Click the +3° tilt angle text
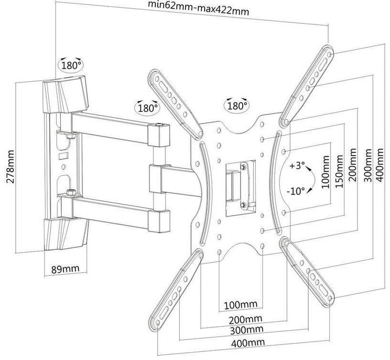(297, 165)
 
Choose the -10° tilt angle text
(296, 190)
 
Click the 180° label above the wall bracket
(71, 65)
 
